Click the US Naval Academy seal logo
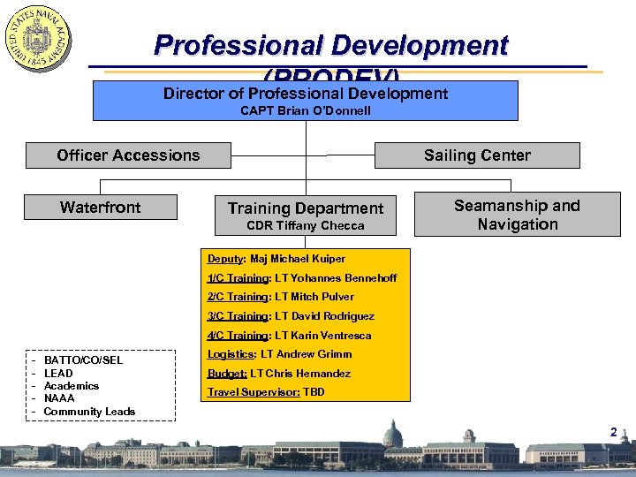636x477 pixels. pyautogui.click(x=38, y=40)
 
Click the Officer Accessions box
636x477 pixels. pyautogui.click(x=128, y=155)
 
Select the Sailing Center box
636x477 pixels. pyautogui.click(x=477, y=155)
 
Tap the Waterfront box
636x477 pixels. pyautogui.click(x=101, y=208)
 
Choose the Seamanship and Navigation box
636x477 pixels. pyautogui.click(x=517, y=215)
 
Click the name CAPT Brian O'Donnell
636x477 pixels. pyautogui.click(x=306, y=110)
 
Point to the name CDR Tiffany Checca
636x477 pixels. pyautogui.click(x=306, y=226)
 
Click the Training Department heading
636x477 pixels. pyautogui.click(x=306, y=208)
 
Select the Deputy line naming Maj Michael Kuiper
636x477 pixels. pyautogui.click(x=276, y=259)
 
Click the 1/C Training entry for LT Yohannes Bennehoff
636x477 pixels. pyautogui.click(x=301, y=278)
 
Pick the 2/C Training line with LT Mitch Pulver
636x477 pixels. pyautogui.click(x=280, y=297)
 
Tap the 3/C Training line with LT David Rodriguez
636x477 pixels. pyautogui.click(x=291, y=316)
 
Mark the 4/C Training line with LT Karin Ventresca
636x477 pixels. pyautogui.click(x=289, y=336)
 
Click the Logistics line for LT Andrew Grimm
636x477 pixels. pyautogui.click(x=279, y=354)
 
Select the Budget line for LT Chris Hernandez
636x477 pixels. pyautogui.click(x=278, y=374)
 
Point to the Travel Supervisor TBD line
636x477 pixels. pyautogui.click(x=265, y=392)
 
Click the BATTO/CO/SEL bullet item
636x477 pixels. pyautogui.click(x=83, y=360)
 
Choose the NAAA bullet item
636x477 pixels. pyautogui.click(x=59, y=398)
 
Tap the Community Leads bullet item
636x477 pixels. pyautogui.click(x=89, y=412)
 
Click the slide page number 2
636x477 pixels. pyautogui.click(x=612, y=432)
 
